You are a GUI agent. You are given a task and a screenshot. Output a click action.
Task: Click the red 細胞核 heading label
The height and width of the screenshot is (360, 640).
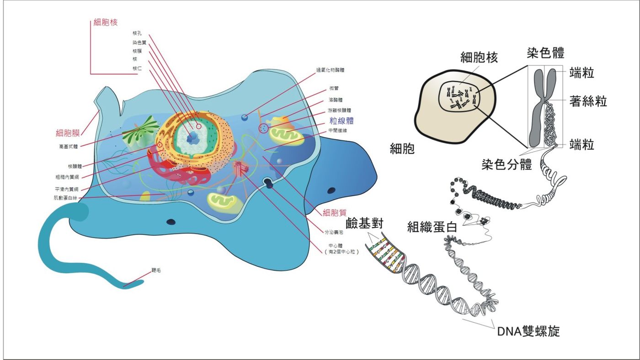(105, 23)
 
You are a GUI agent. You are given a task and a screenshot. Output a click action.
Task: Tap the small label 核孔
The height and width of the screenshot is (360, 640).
(137, 33)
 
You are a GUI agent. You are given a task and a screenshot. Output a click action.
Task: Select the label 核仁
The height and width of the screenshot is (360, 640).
(137, 68)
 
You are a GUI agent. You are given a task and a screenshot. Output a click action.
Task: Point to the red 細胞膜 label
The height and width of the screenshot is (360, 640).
(68, 133)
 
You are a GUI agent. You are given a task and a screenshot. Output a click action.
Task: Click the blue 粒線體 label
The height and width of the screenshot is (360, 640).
(342, 121)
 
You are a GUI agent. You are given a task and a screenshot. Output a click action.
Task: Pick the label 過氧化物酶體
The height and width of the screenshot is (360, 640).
(330, 70)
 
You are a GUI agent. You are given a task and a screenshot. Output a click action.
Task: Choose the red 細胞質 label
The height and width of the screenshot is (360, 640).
(335, 212)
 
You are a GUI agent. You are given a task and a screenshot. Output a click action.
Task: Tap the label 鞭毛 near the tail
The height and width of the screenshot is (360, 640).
(156, 270)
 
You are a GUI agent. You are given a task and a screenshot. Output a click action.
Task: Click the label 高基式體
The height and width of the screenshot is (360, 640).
(69, 147)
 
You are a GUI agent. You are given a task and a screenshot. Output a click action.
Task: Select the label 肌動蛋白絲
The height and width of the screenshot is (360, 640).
(65, 198)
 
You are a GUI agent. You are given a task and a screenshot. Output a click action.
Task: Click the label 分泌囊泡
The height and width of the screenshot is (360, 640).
(333, 233)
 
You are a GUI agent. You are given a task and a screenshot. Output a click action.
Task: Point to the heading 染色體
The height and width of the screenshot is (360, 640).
(546, 53)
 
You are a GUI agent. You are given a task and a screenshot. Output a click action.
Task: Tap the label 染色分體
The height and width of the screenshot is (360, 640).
(507, 164)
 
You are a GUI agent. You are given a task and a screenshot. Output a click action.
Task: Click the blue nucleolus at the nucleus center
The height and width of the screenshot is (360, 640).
(194, 136)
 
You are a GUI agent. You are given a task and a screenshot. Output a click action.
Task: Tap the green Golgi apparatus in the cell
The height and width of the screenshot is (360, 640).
(139, 132)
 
